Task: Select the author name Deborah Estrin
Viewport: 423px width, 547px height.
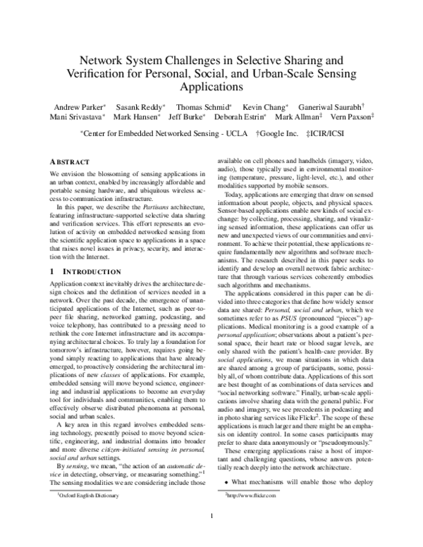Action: coord(238,116)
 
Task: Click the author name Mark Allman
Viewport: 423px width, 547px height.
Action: coord(297,116)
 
